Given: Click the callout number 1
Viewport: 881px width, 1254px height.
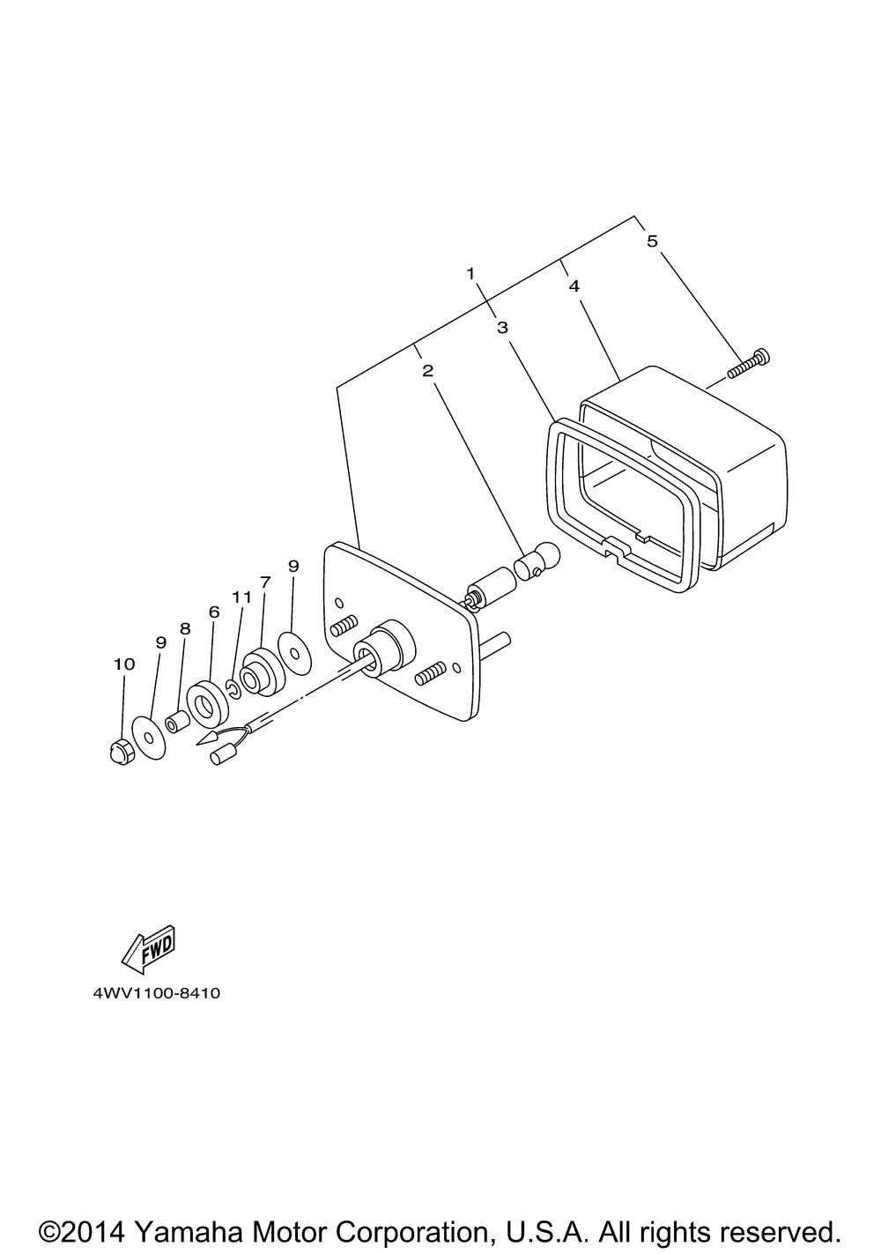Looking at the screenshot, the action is (x=471, y=273).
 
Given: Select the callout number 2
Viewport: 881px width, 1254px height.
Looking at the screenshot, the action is (x=427, y=370).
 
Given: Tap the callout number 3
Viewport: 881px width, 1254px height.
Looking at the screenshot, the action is (x=502, y=328).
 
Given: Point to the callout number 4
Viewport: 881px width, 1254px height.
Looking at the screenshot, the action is (x=574, y=286).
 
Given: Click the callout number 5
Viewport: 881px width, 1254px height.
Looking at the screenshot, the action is (x=652, y=241).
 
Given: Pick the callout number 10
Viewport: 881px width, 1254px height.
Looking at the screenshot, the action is (x=124, y=664).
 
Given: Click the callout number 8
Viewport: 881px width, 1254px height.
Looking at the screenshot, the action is (x=185, y=628).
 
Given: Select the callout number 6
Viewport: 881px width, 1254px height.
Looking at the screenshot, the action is (x=213, y=611).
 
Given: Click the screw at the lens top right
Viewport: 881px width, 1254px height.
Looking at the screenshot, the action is (x=750, y=364).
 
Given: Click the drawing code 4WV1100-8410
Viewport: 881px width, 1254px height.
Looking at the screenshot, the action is (x=156, y=993).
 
